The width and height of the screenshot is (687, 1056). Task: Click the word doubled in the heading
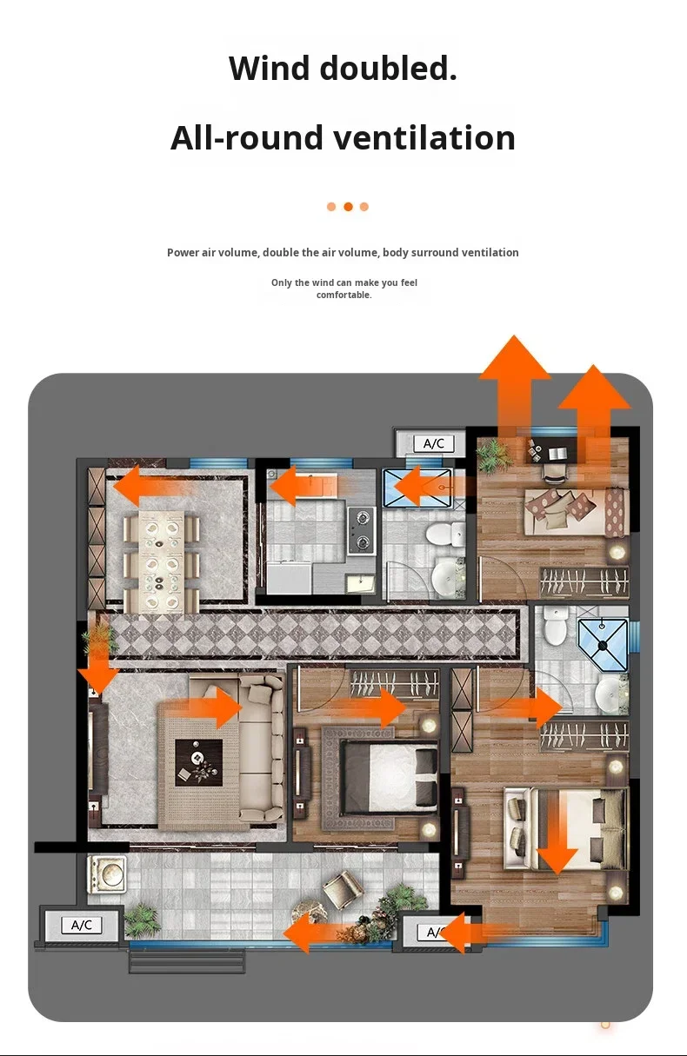pos(389,68)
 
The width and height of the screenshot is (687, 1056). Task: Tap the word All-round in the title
pos(246,138)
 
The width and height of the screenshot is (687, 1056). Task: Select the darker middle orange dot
pos(348,207)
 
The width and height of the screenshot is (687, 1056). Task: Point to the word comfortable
pos(343,296)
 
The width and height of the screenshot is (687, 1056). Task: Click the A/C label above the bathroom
pos(434,443)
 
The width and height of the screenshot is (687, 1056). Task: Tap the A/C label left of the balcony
pos(82,925)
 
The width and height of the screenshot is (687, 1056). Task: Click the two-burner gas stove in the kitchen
pos(362,530)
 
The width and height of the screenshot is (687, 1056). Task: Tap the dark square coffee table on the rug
pos(198,762)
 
